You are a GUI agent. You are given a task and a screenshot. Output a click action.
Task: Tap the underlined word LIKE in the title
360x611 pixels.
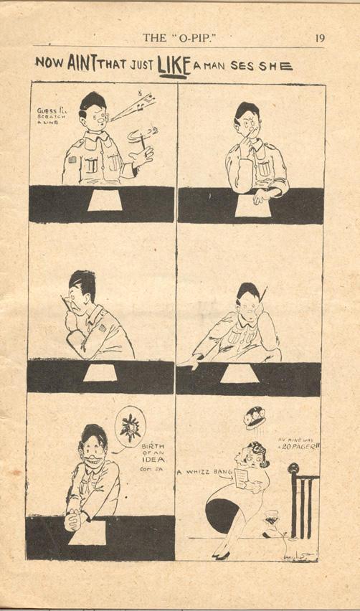tap(176, 64)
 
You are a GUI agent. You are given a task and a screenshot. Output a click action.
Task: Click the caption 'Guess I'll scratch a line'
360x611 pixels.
tap(51, 117)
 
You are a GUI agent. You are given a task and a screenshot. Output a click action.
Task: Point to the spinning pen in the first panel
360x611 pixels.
tap(141, 136)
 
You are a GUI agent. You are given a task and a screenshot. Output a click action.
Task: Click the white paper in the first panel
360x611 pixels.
tap(105, 201)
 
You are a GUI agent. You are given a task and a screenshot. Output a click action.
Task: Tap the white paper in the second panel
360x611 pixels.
tap(250, 206)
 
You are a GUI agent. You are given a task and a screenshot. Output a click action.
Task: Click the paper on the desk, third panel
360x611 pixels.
tap(100, 373)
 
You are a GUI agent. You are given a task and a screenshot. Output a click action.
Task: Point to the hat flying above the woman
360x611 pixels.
tap(254, 417)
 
